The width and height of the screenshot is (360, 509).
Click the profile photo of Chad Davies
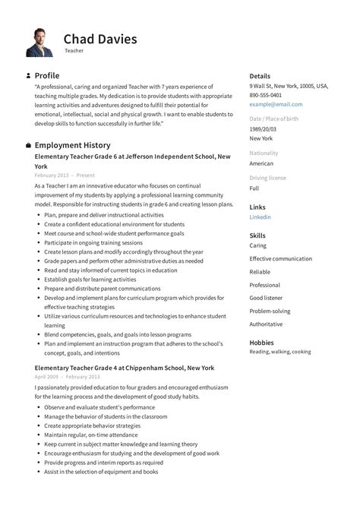[x=39, y=42]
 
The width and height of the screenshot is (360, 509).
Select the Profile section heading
[x=47, y=76]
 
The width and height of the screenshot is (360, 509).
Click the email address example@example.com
[x=276, y=104]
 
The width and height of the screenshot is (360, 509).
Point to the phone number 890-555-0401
[x=265, y=95]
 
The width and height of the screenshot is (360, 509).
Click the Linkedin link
[x=260, y=217]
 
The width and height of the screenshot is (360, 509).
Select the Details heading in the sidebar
[x=260, y=76]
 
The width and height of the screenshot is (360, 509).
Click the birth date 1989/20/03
[x=264, y=129]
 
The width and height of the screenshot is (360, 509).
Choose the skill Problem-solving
[x=270, y=311]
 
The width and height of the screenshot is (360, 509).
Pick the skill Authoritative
[x=266, y=324]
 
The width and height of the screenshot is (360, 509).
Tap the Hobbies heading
[x=261, y=343]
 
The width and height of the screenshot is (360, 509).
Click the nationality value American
[x=261, y=163]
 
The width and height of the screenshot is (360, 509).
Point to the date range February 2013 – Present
[x=65, y=175]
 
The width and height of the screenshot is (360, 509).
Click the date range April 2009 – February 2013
[x=67, y=377]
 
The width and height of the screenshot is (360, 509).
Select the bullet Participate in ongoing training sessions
[x=93, y=242]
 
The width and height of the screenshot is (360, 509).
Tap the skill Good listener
[x=266, y=298]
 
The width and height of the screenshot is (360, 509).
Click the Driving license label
[x=267, y=178]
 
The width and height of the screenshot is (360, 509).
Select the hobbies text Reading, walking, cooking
[x=279, y=352]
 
